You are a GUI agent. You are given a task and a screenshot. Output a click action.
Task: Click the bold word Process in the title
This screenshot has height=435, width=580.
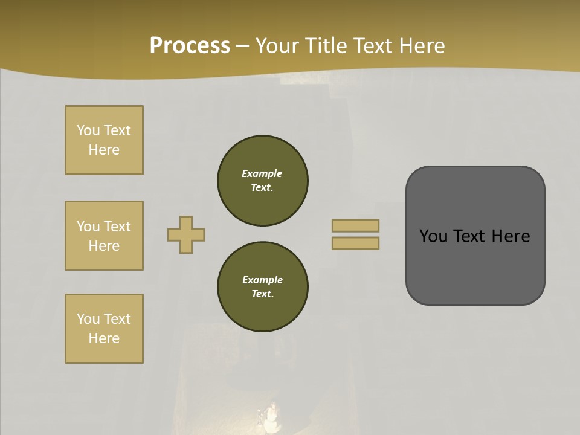click(x=190, y=46)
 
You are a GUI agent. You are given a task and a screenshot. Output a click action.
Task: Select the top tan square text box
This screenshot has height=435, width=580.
click(x=104, y=140)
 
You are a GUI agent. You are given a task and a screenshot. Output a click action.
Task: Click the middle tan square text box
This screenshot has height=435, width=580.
click(x=104, y=236)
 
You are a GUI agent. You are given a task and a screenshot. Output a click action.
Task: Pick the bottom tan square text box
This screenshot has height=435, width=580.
click(x=104, y=329)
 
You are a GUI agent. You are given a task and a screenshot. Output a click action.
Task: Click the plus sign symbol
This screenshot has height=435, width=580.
click(x=186, y=234)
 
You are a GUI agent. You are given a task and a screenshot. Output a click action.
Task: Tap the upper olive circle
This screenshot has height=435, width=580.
click(x=263, y=180)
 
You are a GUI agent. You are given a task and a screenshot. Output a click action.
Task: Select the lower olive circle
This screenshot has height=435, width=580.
click(x=263, y=286)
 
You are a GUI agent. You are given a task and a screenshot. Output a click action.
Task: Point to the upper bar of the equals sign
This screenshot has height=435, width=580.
click(x=355, y=225)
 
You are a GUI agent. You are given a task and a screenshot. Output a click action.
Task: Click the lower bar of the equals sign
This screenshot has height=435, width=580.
click(x=355, y=243)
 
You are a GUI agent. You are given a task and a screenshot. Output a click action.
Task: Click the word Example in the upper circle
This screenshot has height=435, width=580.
click(x=262, y=173)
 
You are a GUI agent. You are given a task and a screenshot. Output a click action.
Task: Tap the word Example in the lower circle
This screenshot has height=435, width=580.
click(x=262, y=280)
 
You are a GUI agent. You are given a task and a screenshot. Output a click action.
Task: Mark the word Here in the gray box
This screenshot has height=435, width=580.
click(x=511, y=236)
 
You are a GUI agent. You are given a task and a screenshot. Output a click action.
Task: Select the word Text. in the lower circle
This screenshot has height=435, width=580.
click(x=262, y=294)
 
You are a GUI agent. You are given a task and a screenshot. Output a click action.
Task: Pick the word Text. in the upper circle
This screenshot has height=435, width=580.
click(x=262, y=188)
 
